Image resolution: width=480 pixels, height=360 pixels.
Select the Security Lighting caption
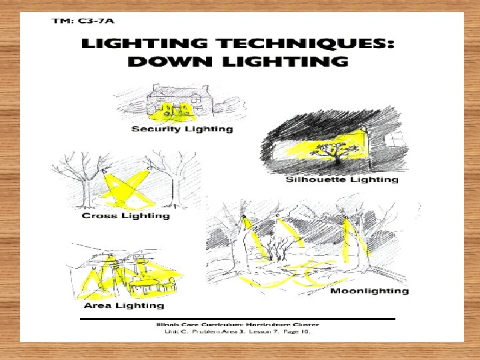pos(182,129)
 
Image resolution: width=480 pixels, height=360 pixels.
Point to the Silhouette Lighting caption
pos(341,179)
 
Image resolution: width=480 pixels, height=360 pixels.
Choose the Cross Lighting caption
pos(125,216)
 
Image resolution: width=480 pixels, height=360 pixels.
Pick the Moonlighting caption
pos(369,291)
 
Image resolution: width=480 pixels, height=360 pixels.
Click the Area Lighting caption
pos(123,305)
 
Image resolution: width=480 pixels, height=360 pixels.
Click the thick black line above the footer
pos(237,319)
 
